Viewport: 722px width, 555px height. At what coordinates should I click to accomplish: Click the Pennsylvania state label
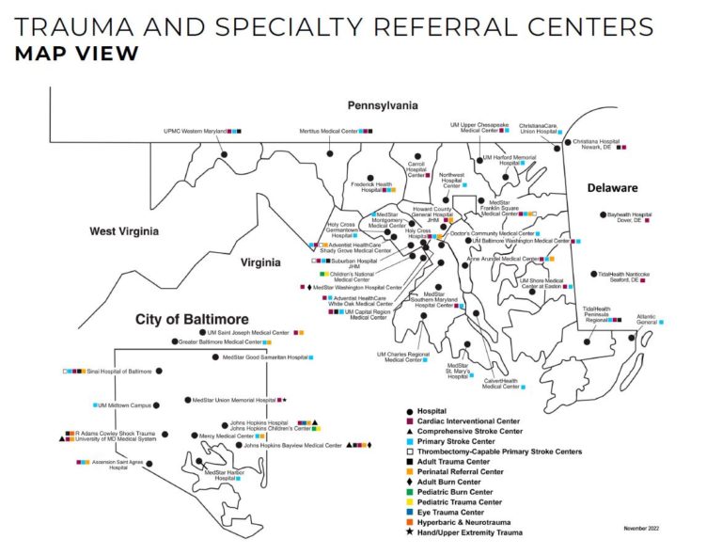click(x=383, y=105)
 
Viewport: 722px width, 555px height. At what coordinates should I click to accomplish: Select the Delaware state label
click(x=612, y=188)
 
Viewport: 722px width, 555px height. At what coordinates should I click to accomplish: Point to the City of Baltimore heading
click(x=191, y=319)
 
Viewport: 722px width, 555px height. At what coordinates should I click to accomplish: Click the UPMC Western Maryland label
click(x=196, y=132)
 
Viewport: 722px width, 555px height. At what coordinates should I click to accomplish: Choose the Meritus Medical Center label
click(x=328, y=132)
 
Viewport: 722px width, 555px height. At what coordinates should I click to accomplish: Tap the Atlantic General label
click(x=646, y=320)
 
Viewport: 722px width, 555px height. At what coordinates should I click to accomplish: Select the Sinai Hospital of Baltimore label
click(x=118, y=372)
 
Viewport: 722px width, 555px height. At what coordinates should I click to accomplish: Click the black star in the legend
click(x=409, y=533)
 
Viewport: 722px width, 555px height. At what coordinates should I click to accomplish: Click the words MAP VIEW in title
click(x=76, y=53)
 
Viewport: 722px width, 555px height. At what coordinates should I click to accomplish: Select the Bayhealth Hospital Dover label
click(x=629, y=217)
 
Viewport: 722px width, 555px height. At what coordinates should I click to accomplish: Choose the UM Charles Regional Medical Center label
click(x=403, y=357)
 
